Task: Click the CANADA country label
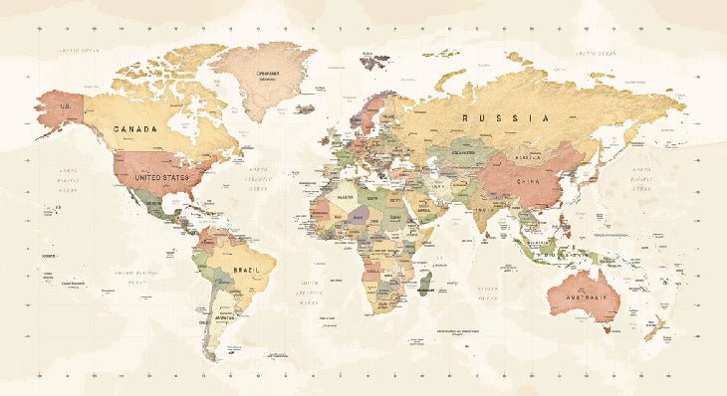(136, 129)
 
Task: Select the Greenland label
(267, 73)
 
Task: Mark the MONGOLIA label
(527, 156)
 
